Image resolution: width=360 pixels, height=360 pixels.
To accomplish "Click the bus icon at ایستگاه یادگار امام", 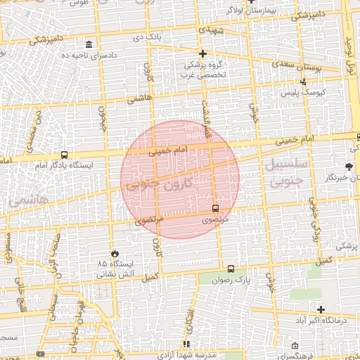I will [64, 155].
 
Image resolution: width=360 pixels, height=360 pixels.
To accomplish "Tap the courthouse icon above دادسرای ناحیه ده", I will [89, 44].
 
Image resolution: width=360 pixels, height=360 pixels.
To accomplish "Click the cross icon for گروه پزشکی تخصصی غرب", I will [203, 53].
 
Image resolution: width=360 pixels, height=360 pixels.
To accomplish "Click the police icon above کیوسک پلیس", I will [302, 82].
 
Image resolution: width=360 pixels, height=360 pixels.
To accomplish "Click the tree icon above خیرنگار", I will [349, 167].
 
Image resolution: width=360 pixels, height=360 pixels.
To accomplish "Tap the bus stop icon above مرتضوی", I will [215, 208].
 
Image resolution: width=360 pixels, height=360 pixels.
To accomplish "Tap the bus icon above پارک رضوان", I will [231, 269].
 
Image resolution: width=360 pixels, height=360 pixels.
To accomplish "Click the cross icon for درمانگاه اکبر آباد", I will [321, 309].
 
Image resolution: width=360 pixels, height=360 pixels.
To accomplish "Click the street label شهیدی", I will [212, 32].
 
